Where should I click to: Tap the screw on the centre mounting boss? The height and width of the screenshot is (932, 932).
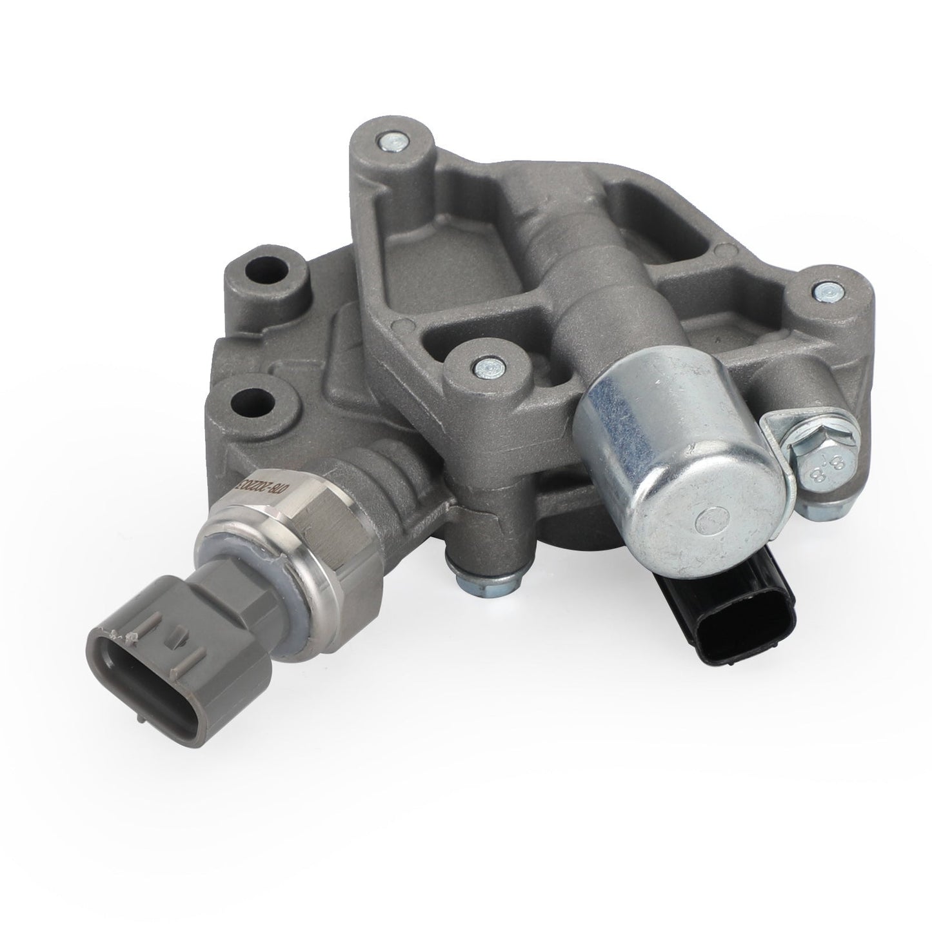coord(482,366)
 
